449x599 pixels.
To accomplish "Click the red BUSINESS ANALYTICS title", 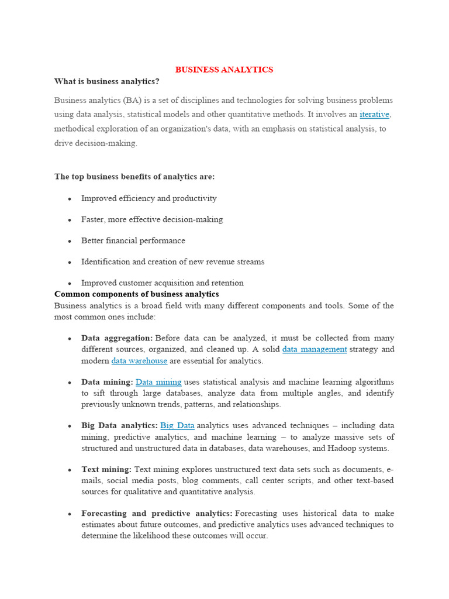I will coord(224,70).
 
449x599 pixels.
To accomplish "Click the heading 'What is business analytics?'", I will coord(107,81).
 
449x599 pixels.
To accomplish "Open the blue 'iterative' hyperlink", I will coord(374,114).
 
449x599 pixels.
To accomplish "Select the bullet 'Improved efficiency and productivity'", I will coord(148,198).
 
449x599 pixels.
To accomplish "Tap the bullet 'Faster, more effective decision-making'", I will coord(152,219).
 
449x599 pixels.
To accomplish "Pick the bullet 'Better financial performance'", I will coord(133,240).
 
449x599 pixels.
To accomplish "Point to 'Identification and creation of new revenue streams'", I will coord(172,261).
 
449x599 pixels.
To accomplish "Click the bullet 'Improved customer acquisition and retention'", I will coord(162,283).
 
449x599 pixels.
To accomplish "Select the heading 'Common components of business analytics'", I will coord(136,294).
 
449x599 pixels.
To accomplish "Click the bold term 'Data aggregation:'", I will coord(117,338).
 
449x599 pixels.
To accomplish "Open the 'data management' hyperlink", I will coord(315,349).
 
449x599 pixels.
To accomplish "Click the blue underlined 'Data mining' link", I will coord(158,382).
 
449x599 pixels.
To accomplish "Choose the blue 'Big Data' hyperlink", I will coord(177,426).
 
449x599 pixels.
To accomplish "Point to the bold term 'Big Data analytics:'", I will coord(119,426).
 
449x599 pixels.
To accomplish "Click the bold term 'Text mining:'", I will coord(106,470).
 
